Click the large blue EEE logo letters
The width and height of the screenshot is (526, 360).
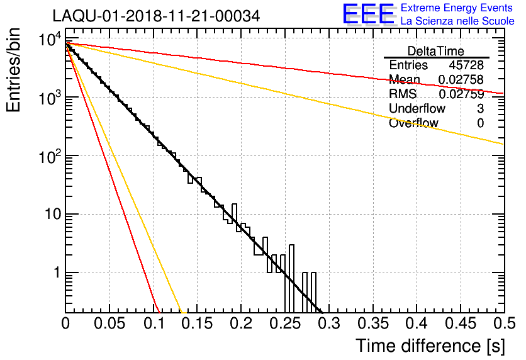[x=368, y=14]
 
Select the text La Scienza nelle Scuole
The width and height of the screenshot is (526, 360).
[x=457, y=21]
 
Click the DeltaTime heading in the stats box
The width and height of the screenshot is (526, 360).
[x=435, y=51]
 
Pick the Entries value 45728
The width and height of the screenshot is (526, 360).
[x=466, y=65]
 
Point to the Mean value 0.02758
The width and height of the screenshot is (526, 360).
[x=461, y=80]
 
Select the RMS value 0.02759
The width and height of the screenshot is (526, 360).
[x=461, y=94]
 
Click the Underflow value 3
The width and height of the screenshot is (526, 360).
[x=480, y=109]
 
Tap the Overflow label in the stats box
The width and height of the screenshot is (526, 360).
[x=413, y=123]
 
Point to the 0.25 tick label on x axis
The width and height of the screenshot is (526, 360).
[x=285, y=324]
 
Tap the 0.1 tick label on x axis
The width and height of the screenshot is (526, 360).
[x=154, y=324]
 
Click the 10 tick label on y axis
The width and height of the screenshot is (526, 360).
[x=50, y=215]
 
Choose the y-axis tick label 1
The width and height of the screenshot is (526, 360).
[x=55, y=273]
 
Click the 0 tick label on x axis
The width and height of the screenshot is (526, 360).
[x=65, y=324]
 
